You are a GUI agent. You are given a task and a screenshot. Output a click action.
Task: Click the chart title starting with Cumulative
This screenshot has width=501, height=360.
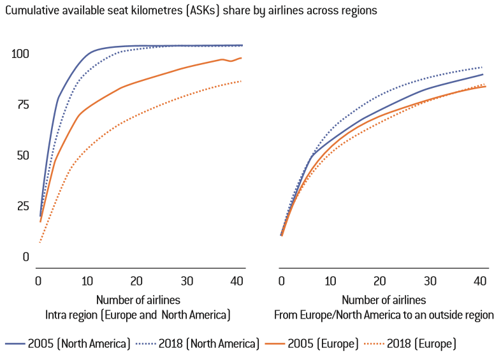click(x=191, y=11)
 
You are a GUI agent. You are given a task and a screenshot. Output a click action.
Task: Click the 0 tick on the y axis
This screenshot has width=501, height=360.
click(x=25, y=257)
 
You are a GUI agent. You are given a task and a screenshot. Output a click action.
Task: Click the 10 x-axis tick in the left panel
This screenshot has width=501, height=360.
click(x=87, y=281)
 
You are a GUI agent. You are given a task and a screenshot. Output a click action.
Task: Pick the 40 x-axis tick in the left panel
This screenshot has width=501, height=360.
click(x=236, y=281)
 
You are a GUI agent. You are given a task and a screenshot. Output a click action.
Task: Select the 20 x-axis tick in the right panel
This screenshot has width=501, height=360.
click(x=379, y=281)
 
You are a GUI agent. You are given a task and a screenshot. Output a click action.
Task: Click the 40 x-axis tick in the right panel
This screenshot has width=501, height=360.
click(x=479, y=281)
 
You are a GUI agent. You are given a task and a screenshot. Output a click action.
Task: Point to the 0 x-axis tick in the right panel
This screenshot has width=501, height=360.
click(x=281, y=281)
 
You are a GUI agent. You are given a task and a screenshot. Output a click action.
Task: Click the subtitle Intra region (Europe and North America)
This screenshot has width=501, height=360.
click(x=137, y=315)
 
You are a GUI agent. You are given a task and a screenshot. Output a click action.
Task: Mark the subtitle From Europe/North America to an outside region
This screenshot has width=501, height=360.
click(x=384, y=315)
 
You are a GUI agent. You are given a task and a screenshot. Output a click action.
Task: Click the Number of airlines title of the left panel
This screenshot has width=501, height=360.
click(x=137, y=299)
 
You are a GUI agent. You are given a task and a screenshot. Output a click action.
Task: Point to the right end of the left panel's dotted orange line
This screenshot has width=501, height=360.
click(x=241, y=81)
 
